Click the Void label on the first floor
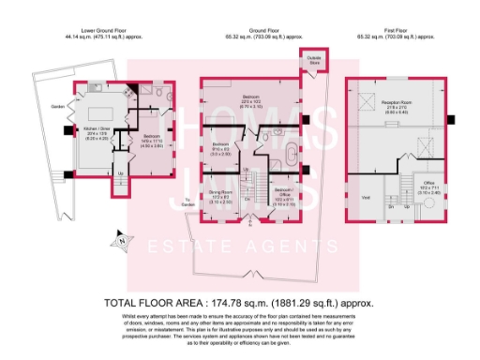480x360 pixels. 366,197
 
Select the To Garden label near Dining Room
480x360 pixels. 187,200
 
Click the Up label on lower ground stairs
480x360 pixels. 119,172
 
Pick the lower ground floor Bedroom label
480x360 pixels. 152,139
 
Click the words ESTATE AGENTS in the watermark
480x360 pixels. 241,250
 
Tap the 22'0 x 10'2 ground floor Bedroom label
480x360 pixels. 251,100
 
